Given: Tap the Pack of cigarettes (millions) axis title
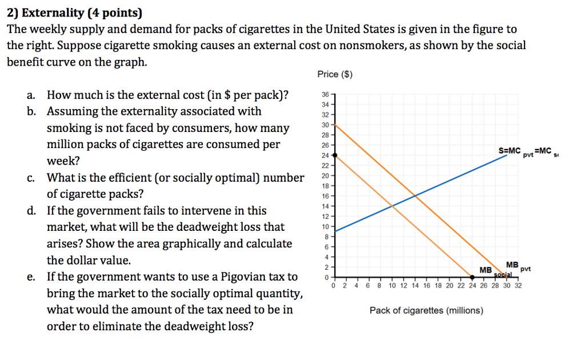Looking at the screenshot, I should (x=426, y=310).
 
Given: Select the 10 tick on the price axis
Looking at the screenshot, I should (x=326, y=226).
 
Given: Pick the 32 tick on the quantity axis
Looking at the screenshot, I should (x=518, y=286).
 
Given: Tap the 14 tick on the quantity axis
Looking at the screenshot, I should (x=415, y=286).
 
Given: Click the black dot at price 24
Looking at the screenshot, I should (x=334, y=154).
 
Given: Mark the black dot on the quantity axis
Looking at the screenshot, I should (x=472, y=278).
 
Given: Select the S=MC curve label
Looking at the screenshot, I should (x=510, y=151).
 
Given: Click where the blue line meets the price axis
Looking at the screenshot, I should (x=334, y=231).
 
